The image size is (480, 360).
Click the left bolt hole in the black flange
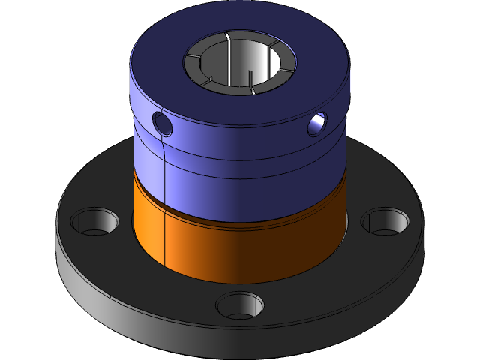pyautogui.click(x=94, y=222)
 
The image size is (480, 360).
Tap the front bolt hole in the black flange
pyautogui.click(x=240, y=305)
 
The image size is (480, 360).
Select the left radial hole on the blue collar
pyautogui.click(x=162, y=121)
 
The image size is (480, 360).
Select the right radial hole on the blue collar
pyautogui.click(x=316, y=124)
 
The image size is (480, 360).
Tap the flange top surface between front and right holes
pyautogui.click(x=330, y=277)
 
